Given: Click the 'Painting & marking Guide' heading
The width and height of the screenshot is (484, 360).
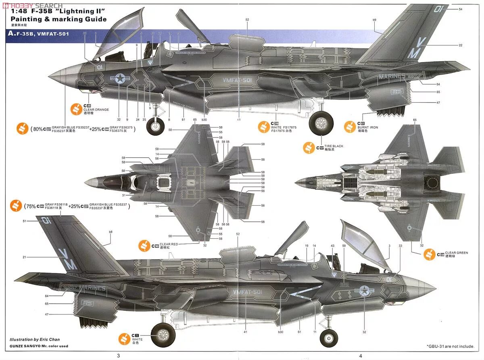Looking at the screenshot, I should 58,19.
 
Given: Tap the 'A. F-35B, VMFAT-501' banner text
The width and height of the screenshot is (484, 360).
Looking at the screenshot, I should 38,34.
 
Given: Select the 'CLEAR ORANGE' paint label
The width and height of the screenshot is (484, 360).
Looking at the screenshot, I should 96,110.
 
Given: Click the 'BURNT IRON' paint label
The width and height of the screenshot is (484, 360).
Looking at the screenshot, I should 367,127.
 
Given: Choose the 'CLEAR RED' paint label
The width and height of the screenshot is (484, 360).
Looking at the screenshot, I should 168,244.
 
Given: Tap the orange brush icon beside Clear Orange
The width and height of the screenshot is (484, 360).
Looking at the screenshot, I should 75,108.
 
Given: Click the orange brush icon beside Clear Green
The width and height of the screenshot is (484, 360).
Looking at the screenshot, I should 430,254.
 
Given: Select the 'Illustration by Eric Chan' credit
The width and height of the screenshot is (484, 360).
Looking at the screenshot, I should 35,339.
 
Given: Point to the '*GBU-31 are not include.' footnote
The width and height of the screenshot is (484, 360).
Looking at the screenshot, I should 450,346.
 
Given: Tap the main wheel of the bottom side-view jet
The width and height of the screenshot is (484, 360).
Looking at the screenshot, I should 163,334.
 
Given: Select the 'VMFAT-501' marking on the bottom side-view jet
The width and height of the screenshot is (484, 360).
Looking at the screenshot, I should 248,291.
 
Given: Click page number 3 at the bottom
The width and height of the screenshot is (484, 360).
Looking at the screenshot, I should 118,355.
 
